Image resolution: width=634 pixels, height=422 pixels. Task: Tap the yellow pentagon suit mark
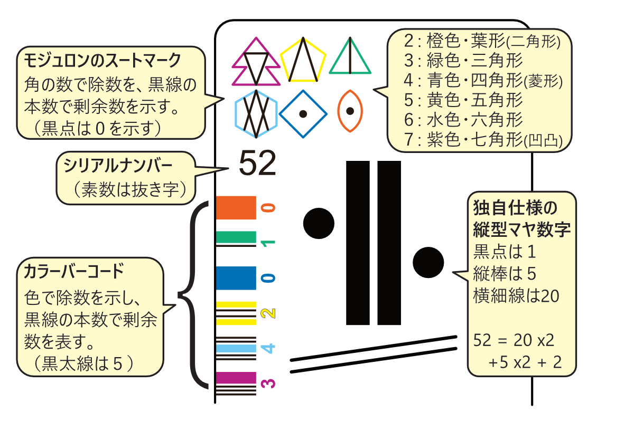pyautogui.click(x=303, y=61)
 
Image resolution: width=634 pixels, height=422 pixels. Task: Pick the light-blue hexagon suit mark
pyautogui.click(x=256, y=113)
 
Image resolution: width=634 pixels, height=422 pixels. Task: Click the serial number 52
pyautogui.click(x=258, y=164)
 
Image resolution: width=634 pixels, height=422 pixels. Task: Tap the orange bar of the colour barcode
pyautogui.click(x=236, y=208)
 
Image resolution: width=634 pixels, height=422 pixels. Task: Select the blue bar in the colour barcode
pyautogui.click(x=236, y=278)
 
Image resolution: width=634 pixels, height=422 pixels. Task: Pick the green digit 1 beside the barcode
pyautogui.click(x=268, y=243)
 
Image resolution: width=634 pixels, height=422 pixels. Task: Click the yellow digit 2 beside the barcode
pyautogui.click(x=268, y=313)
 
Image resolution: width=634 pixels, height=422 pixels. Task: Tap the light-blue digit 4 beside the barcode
pyautogui.click(x=268, y=348)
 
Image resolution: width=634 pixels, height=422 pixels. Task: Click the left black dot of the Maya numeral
pyautogui.click(x=319, y=222)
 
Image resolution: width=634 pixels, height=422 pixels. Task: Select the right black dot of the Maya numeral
pyautogui.click(x=428, y=262)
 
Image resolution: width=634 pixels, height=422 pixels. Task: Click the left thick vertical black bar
pyautogui.click(x=358, y=243)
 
